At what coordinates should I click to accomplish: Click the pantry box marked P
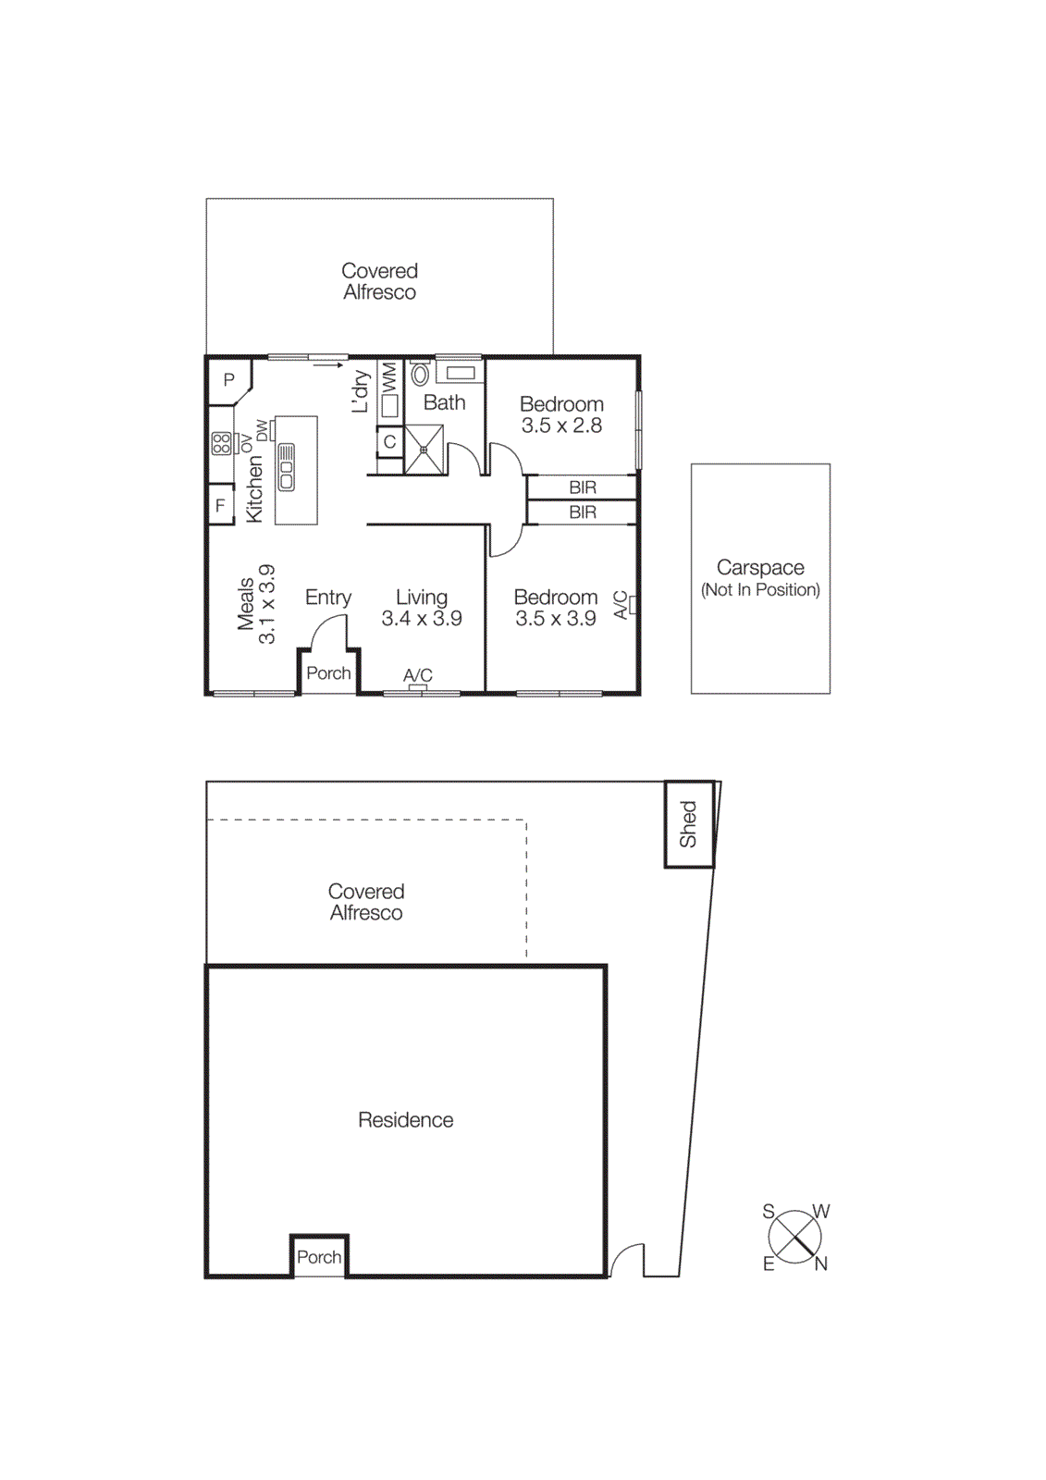point(228,380)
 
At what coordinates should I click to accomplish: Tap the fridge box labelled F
point(220,505)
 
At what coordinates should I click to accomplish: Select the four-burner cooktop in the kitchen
point(221,443)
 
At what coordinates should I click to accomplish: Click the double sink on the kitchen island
point(287,467)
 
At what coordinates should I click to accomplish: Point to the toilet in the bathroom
point(421,374)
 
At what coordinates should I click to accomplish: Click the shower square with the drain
point(425,450)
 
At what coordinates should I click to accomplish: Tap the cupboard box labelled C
point(389,442)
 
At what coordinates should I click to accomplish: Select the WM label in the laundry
point(389,376)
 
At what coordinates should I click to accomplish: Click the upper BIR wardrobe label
point(583,487)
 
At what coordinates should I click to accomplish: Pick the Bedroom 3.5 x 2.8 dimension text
point(561,425)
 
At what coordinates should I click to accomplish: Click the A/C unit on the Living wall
point(418,686)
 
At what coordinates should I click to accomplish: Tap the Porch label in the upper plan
point(328,673)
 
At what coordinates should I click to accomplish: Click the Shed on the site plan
point(689,824)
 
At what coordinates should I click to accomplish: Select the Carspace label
point(760,567)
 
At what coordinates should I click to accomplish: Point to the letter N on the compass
point(821,1264)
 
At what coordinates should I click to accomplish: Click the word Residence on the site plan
point(405,1120)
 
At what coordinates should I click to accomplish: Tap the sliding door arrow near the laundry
point(327,365)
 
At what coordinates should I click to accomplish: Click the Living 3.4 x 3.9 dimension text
point(422,619)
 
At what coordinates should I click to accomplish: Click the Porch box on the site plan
point(319,1257)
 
